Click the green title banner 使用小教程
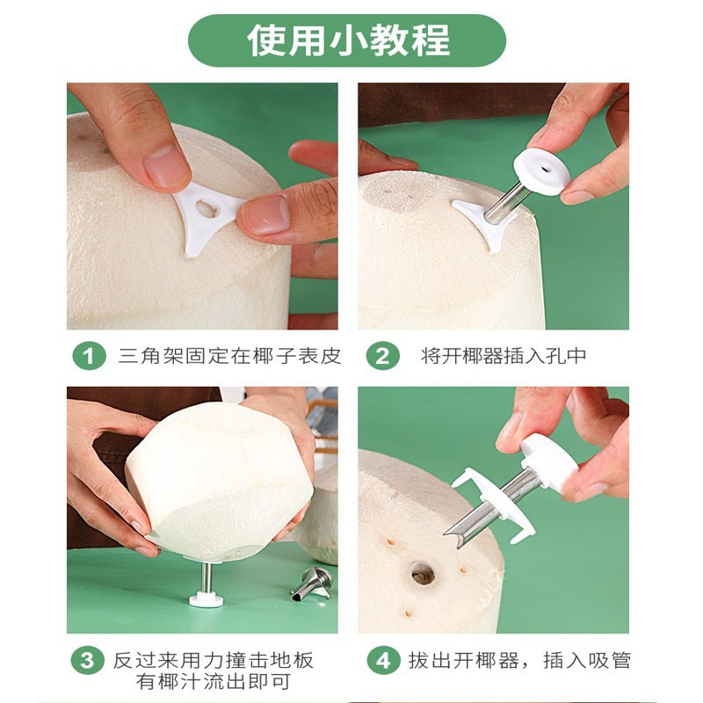click(347, 40)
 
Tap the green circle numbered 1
click(89, 356)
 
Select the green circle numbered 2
click(382, 356)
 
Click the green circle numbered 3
click(88, 661)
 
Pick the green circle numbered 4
click(383, 661)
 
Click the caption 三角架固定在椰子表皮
click(229, 356)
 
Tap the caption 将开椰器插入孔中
click(504, 356)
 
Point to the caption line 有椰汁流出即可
click(214, 682)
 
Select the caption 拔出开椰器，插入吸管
click(519, 661)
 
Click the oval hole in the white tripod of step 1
click(207, 209)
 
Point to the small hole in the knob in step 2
click(545, 170)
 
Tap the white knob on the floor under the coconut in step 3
click(206, 599)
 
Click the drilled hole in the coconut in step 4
click(423, 574)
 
